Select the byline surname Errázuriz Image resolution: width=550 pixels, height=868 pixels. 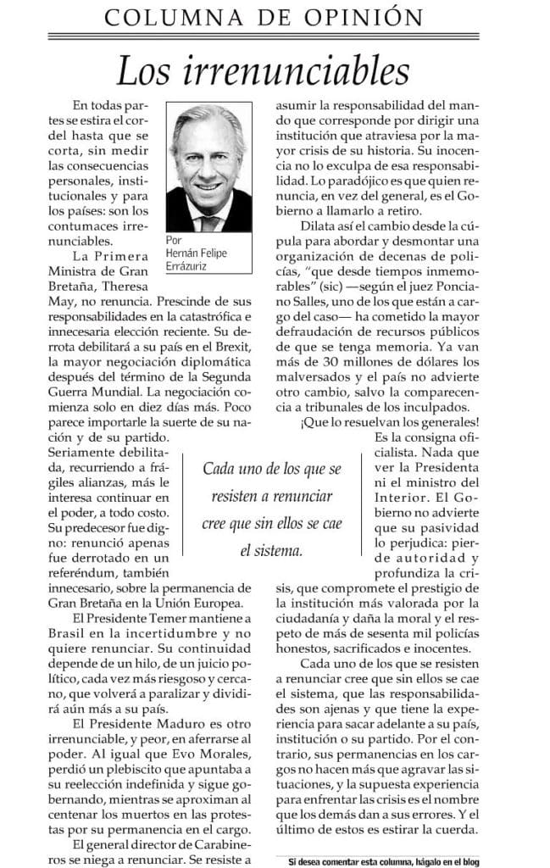coord(187,268)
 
